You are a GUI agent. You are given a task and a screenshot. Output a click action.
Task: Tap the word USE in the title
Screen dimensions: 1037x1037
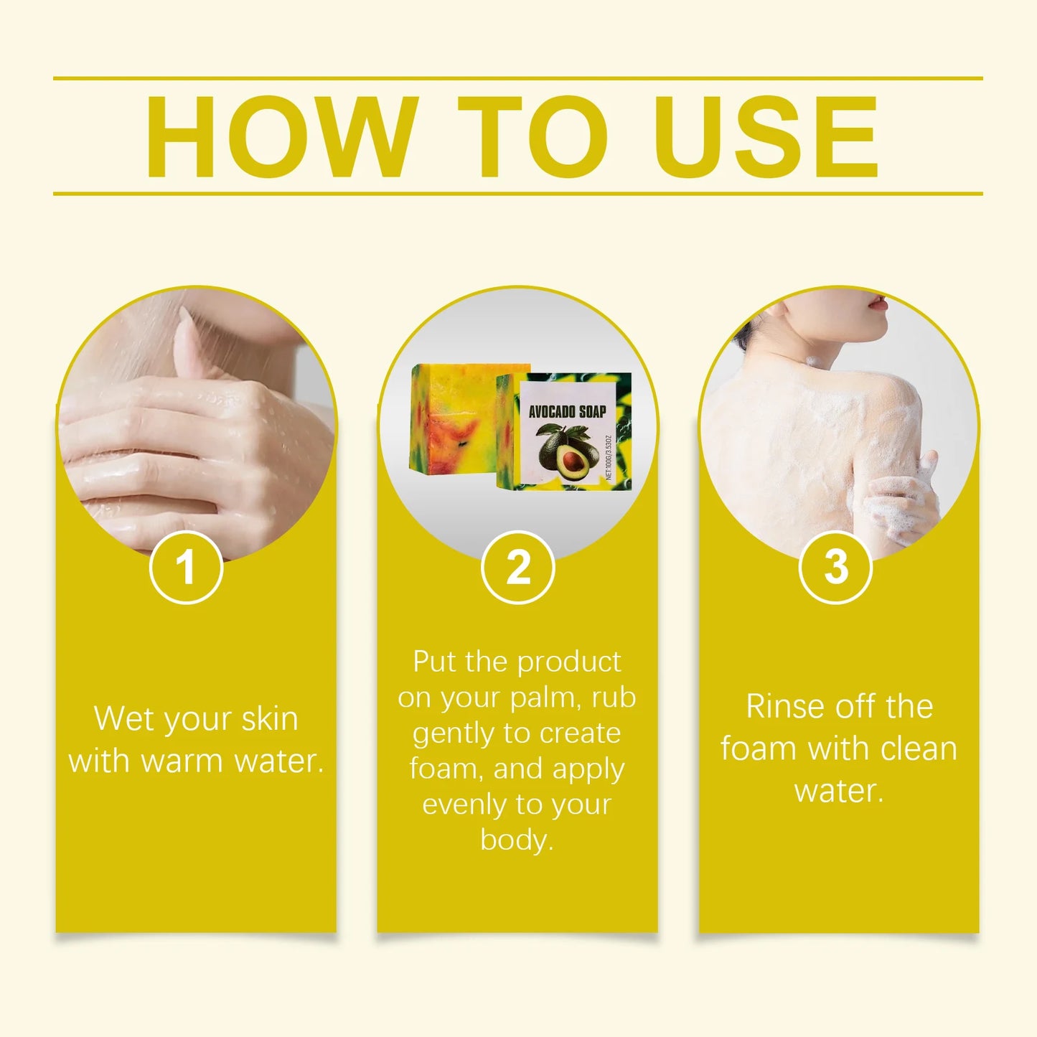pyautogui.click(x=765, y=136)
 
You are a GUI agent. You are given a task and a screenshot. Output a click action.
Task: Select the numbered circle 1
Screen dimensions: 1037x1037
pyautogui.click(x=186, y=567)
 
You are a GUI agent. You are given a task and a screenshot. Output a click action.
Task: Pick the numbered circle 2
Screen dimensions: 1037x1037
pyautogui.click(x=517, y=567)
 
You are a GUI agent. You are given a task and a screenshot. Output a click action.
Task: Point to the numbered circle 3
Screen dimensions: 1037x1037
pyautogui.click(x=836, y=567)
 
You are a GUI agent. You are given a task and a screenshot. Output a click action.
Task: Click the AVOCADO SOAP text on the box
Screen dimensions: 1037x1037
pyautogui.click(x=567, y=412)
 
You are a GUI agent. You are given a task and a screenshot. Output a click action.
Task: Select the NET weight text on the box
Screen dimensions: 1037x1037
pyautogui.click(x=609, y=457)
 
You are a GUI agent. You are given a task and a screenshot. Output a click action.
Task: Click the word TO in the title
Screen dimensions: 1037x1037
pyautogui.click(x=533, y=136)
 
